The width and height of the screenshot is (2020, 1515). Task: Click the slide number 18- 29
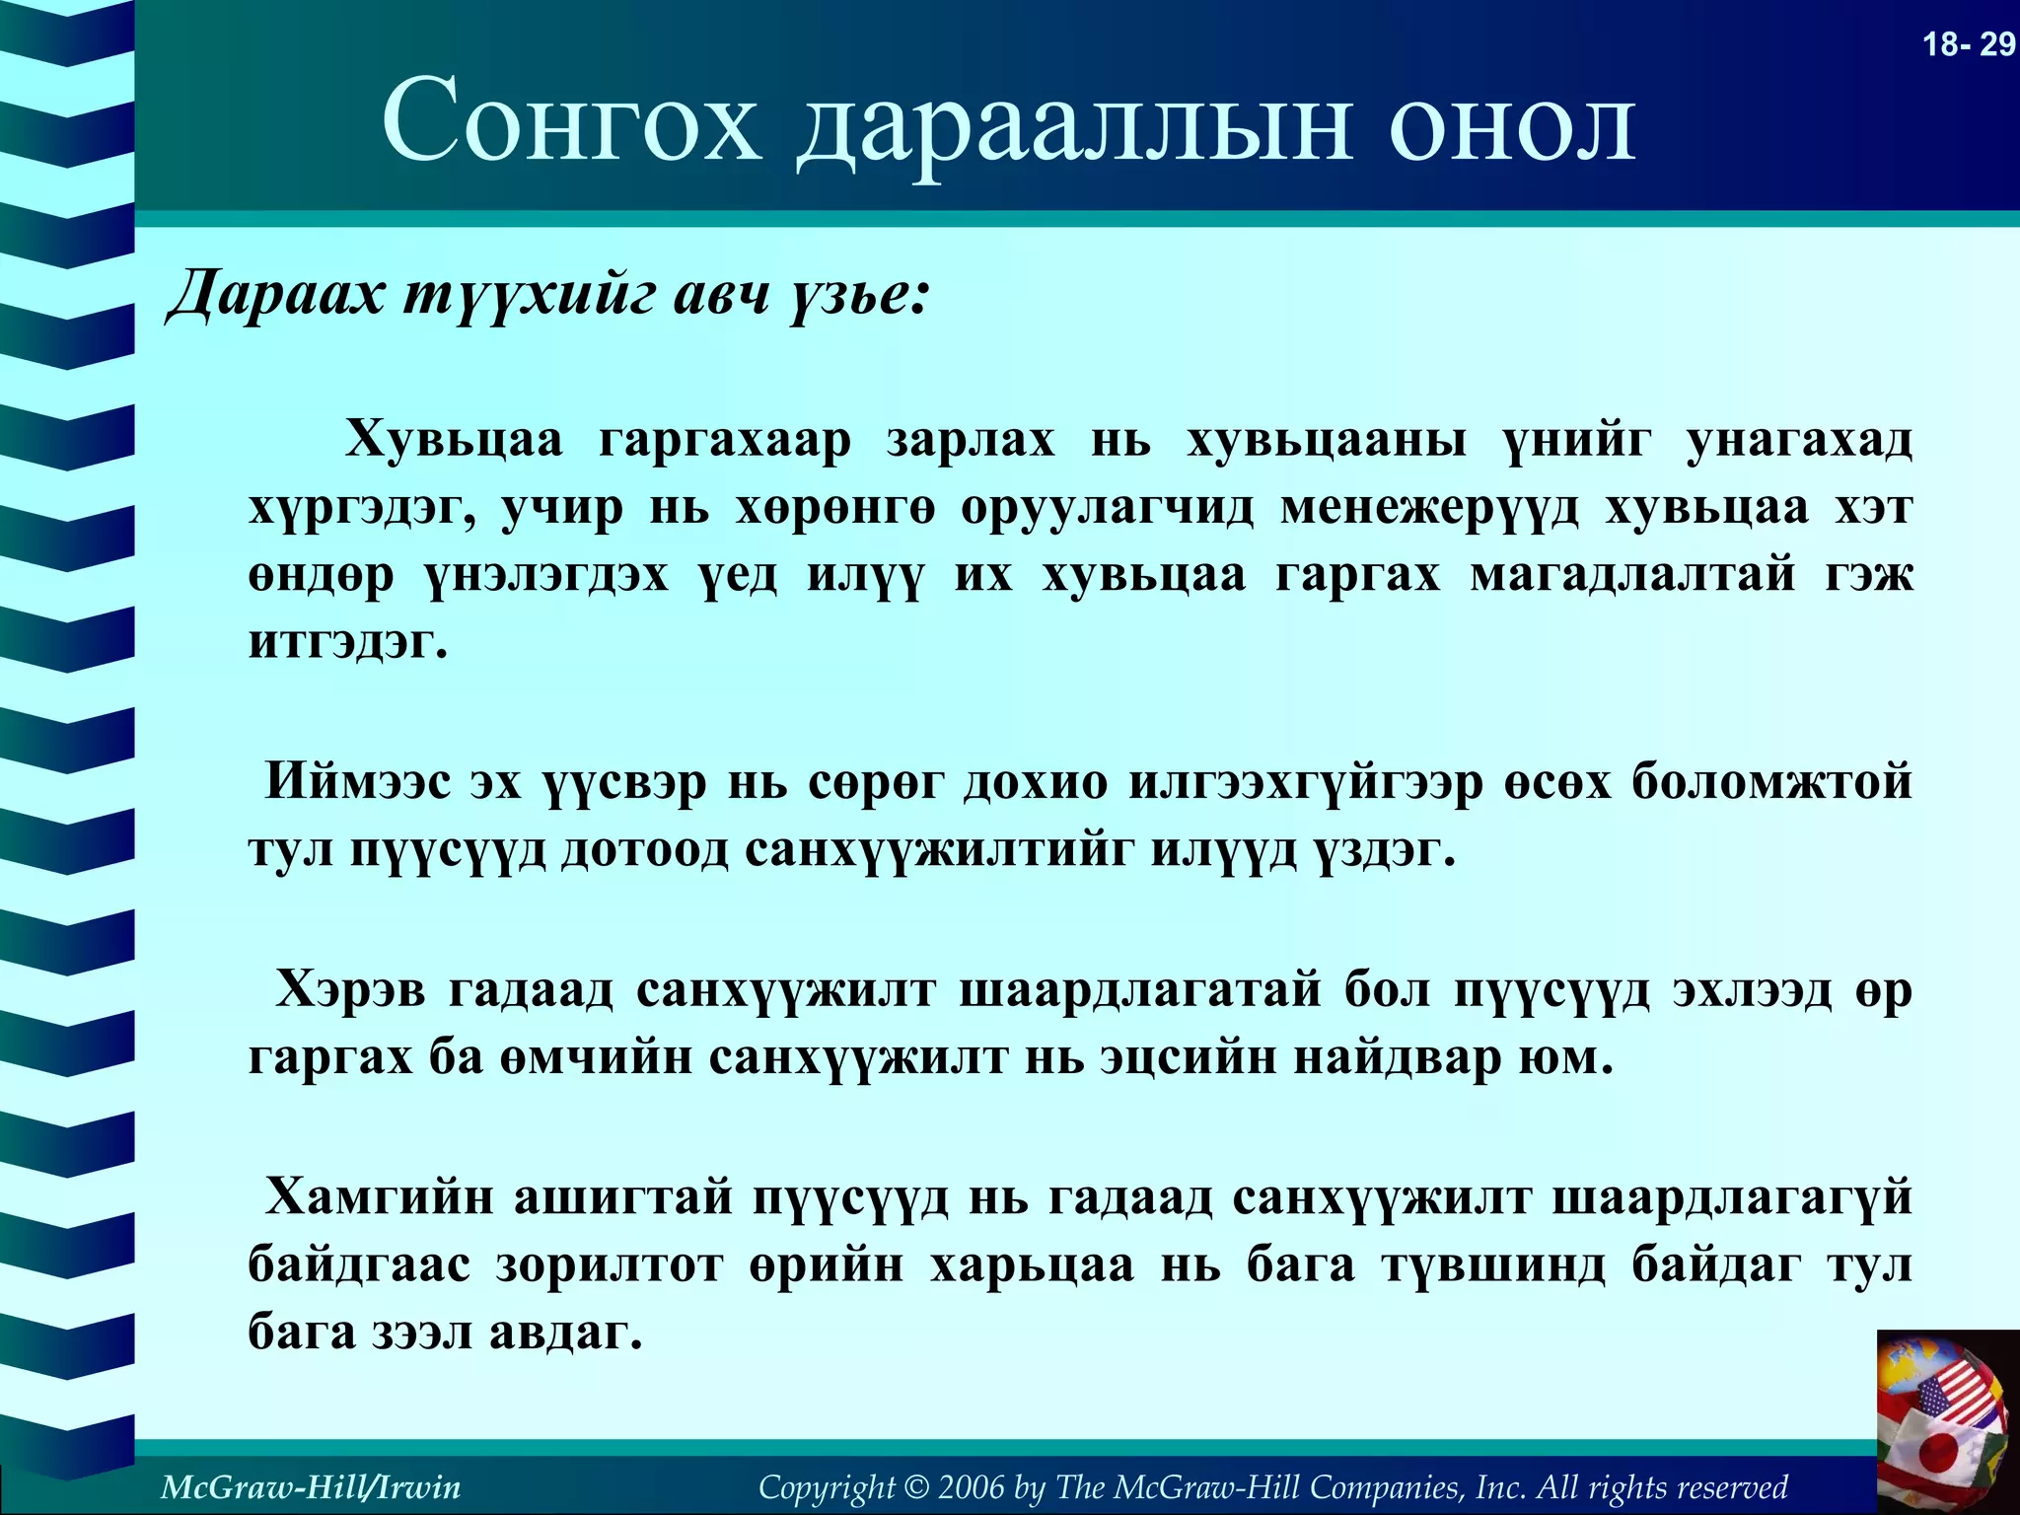tap(1969, 44)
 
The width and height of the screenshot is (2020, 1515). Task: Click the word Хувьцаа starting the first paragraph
tap(454, 439)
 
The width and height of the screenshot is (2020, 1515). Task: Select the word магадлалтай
tap(1632, 575)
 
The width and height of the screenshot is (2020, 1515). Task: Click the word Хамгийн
tap(379, 1197)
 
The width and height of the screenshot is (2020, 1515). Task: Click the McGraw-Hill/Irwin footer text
tap(311, 1487)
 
